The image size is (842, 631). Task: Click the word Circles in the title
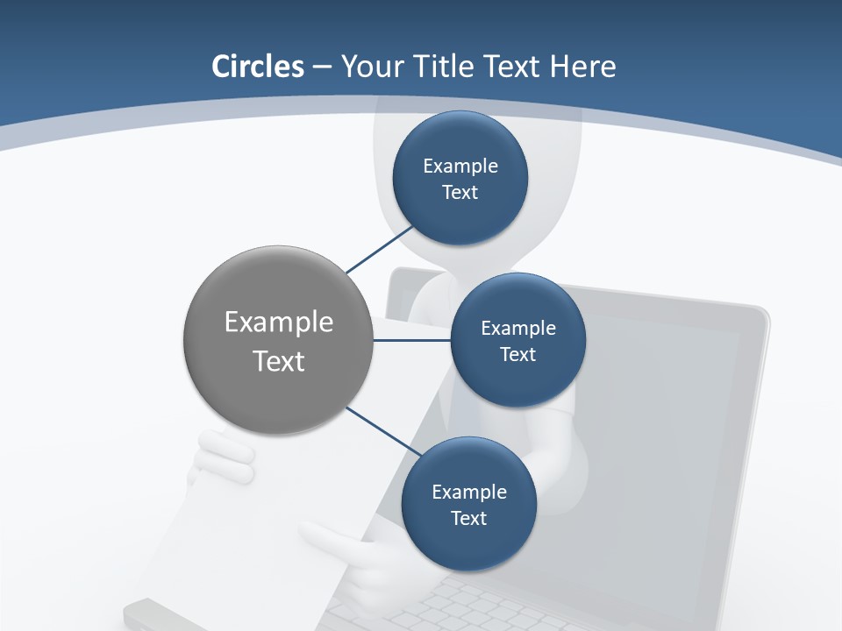pos(257,67)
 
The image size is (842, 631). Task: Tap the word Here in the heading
pos(583,67)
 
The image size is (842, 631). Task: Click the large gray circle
pos(278,340)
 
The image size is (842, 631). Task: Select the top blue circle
pos(460,179)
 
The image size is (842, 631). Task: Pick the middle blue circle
pos(517,341)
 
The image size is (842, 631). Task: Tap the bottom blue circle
pos(468,505)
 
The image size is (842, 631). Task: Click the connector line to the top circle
pos(379,250)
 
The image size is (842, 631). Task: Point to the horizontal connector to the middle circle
pos(411,340)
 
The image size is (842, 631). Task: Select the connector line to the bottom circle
pos(382,430)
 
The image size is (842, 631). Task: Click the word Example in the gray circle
pos(279,322)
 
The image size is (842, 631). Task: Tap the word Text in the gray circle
pos(279,361)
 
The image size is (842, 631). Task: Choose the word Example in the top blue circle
pos(460,166)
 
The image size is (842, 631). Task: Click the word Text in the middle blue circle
pos(517,355)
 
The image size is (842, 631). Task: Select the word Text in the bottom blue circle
pos(468,519)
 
